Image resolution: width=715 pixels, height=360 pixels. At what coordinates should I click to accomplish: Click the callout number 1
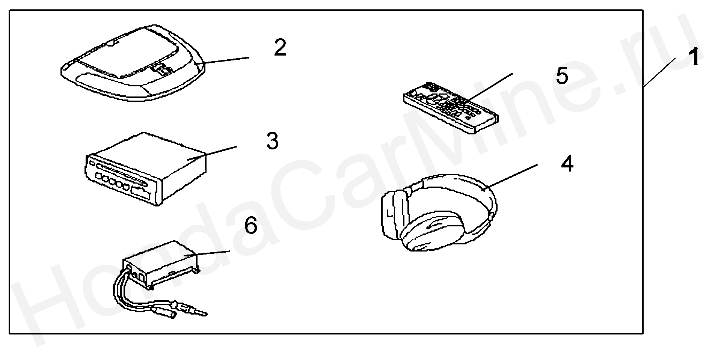tap(694, 57)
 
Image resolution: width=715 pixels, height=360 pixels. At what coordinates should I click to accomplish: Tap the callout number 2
tap(280, 48)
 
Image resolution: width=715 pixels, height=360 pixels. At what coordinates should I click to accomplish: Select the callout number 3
tap(273, 141)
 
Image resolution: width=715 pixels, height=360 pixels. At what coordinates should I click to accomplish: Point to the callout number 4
tap(567, 164)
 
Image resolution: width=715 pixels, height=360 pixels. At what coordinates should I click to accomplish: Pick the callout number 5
tap(562, 76)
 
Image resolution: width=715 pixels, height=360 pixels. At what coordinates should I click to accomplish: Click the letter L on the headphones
tap(389, 215)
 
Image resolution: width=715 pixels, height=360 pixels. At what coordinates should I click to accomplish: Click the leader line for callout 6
tap(207, 253)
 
